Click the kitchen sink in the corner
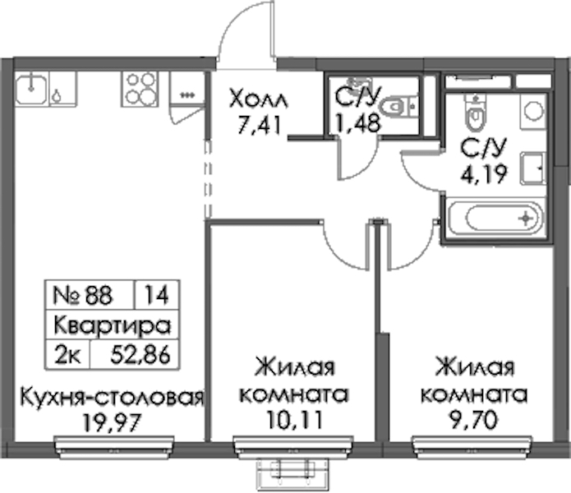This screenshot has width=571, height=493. pyautogui.click(x=31, y=87)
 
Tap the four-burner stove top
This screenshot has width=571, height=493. pyautogui.click(x=140, y=89)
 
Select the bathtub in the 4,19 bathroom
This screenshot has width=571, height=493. pyautogui.click(x=497, y=219)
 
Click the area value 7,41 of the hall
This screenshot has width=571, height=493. pyautogui.click(x=260, y=125)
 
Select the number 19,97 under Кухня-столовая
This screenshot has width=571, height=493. pyautogui.click(x=112, y=422)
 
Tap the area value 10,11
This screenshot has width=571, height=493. pyautogui.click(x=294, y=419)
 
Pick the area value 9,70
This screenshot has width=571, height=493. pyautogui.click(x=473, y=419)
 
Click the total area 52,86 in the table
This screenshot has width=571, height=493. pyautogui.click(x=140, y=355)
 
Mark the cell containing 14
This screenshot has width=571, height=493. pyautogui.click(x=157, y=295)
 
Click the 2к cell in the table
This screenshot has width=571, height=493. pyautogui.click(x=67, y=355)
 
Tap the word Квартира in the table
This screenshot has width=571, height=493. pyautogui.click(x=113, y=325)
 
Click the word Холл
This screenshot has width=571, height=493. pyautogui.click(x=259, y=99)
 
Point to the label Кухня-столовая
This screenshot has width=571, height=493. pyautogui.click(x=112, y=396)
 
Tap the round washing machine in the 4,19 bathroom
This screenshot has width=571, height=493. pyautogui.click(x=534, y=111)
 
